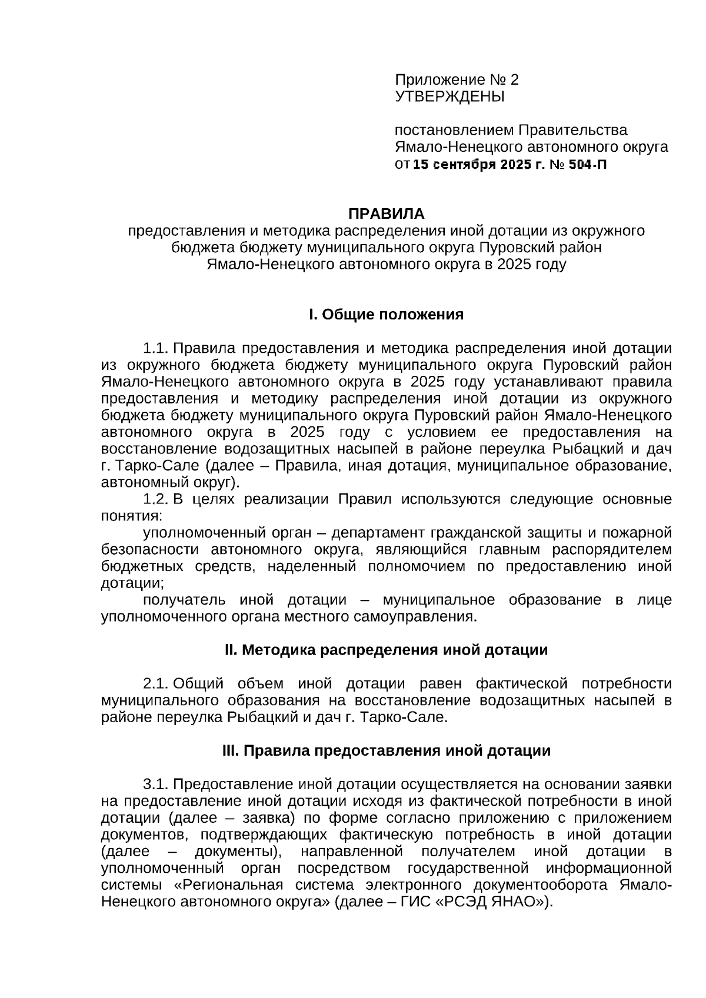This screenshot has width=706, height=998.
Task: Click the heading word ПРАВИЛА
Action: point(386,213)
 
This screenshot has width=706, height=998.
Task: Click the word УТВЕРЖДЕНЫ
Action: point(449,96)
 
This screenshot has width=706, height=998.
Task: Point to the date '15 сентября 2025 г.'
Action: point(479,164)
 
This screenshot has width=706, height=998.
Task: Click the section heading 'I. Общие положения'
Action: point(386,315)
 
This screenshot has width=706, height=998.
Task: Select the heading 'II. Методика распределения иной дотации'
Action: point(386,650)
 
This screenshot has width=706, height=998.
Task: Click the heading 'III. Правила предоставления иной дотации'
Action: point(386,751)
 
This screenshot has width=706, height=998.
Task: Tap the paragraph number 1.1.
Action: point(156,348)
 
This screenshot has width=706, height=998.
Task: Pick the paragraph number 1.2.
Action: point(156,499)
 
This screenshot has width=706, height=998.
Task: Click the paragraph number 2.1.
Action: point(156,684)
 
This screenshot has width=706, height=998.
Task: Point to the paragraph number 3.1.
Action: point(156,785)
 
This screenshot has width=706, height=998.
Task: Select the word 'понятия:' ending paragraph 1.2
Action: point(131,516)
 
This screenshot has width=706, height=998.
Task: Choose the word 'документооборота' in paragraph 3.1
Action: point(551,885)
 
